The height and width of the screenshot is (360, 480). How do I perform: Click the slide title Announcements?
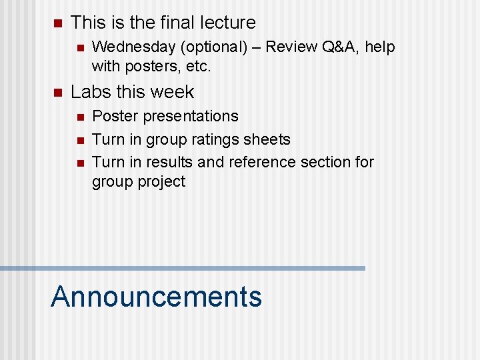(x=156, y=297)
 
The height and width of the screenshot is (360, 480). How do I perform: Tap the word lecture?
(x=229, y=23)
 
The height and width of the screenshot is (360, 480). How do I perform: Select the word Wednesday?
(x=131, y=47)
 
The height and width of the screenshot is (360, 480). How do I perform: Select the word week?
(x=173, y=92)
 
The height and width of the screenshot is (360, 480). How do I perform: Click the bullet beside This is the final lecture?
(x=57, y=23)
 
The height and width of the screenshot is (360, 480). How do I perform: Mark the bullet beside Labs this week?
(x=57, y=93)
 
